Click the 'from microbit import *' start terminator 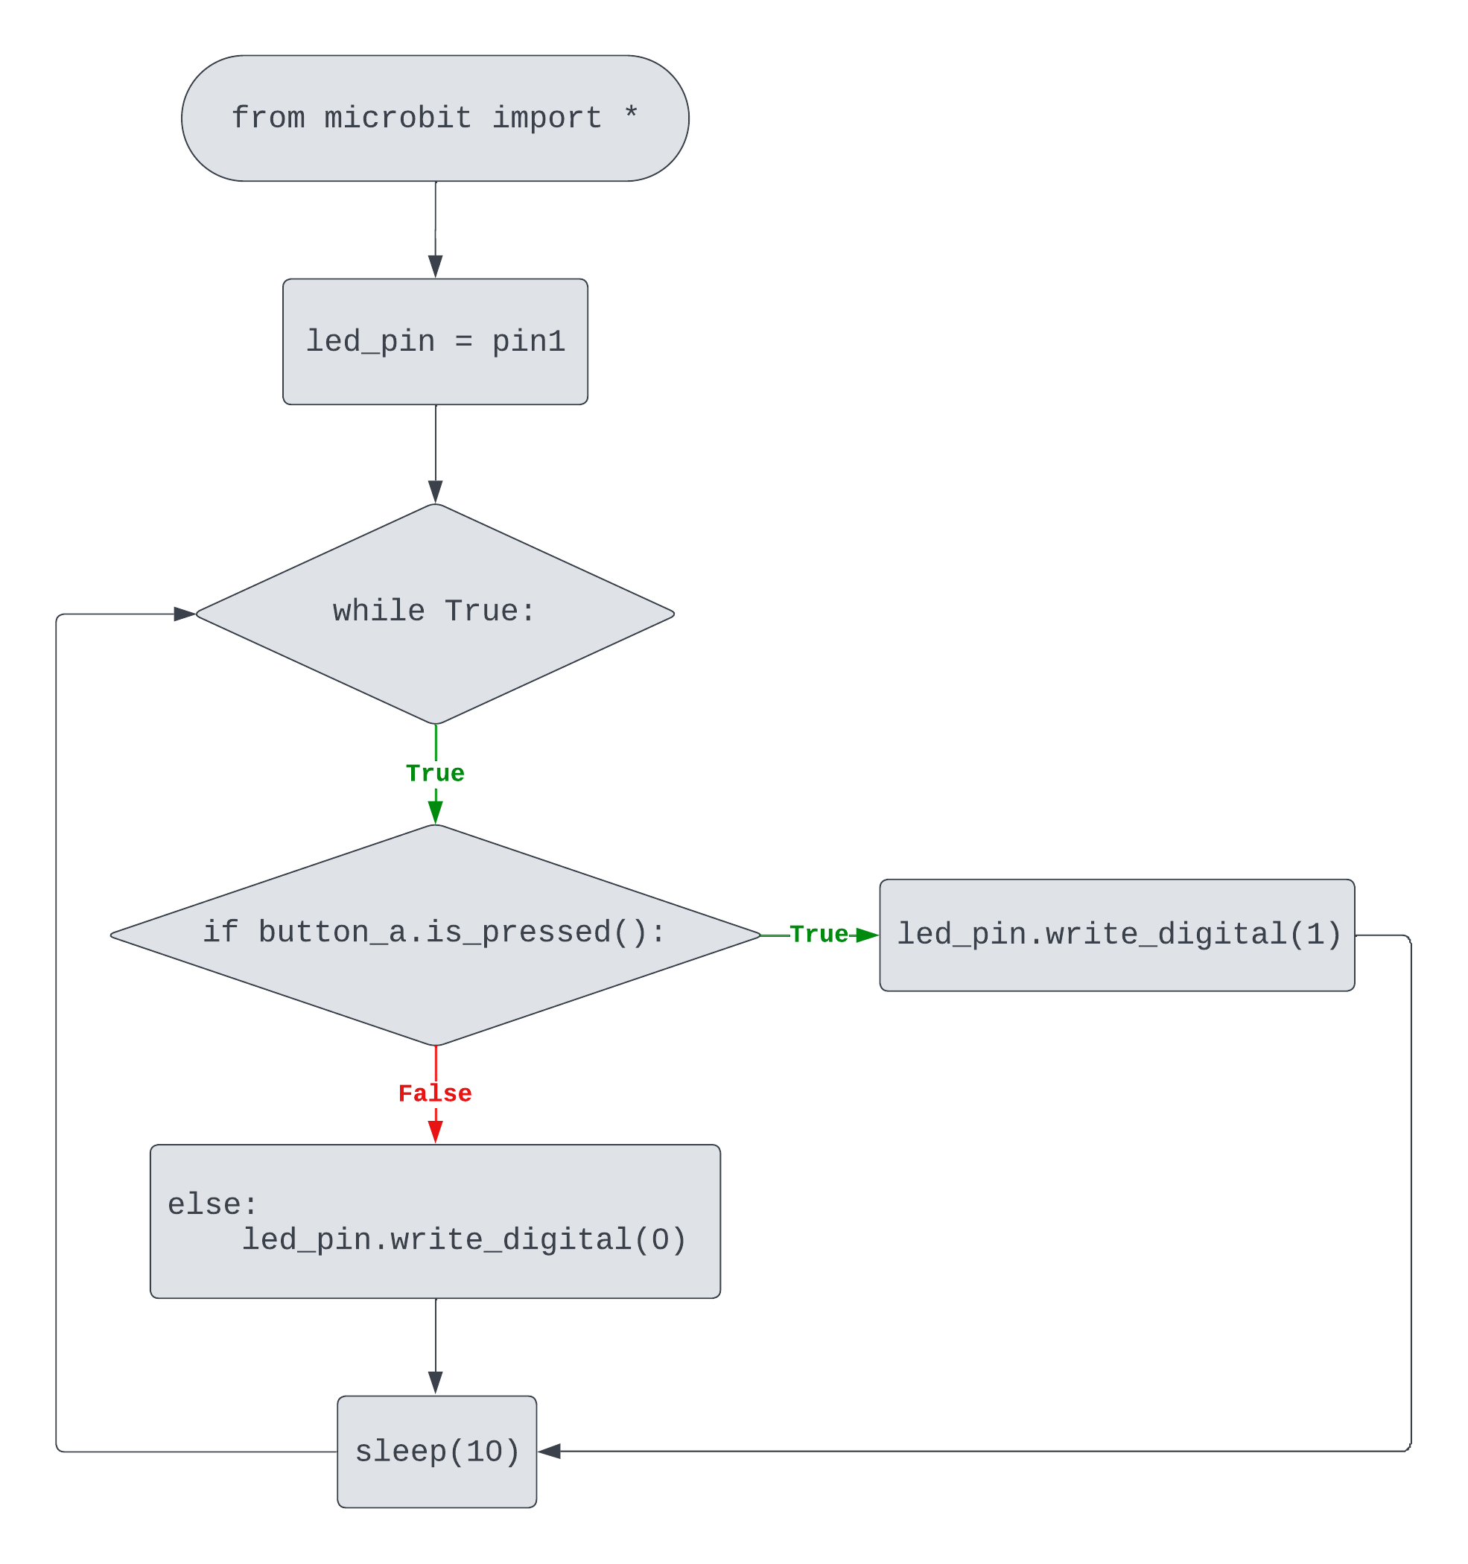pyautogui.click(x=435, y=118)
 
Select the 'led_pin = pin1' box pyautogui.click(x=435, y=341)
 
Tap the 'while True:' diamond pyautogui.click(x=435, y=614)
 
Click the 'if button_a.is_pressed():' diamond pyautogui.click(x=435, y=935)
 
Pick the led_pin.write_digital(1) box pyautogui.click(x=1117, y=935)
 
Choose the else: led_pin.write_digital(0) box pyautogui.click(x=435, y=1221)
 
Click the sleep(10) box pyautogui.click(x=436, y=1452)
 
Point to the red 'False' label pyautogui.click(x=435, y=1093)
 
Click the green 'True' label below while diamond pyautogui.click(x=435, y=772)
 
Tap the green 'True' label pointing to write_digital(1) pyautogui.click(x=819, y=934)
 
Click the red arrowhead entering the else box pyautogui.click(x=435, y=1131)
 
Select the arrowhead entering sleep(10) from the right pyautogui.click(x=550, y=1451)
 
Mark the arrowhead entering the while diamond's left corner pyautogui.click(x=184, y=614)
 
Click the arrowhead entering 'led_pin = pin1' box pyautogui.click(x=435, y=266)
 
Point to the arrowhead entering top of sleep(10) pyautogui.click(x=435, y=1382)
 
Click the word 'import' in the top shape pyautogui.click(x=547, y=118)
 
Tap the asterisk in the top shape pyautogui.click(x=631, y=115)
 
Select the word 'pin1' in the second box pyautogui.click(x=528, y=341)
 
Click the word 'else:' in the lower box pyautogui.click(x=212, y=1204)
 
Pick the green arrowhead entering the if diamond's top pyautogui.click(x=435, y=811)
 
